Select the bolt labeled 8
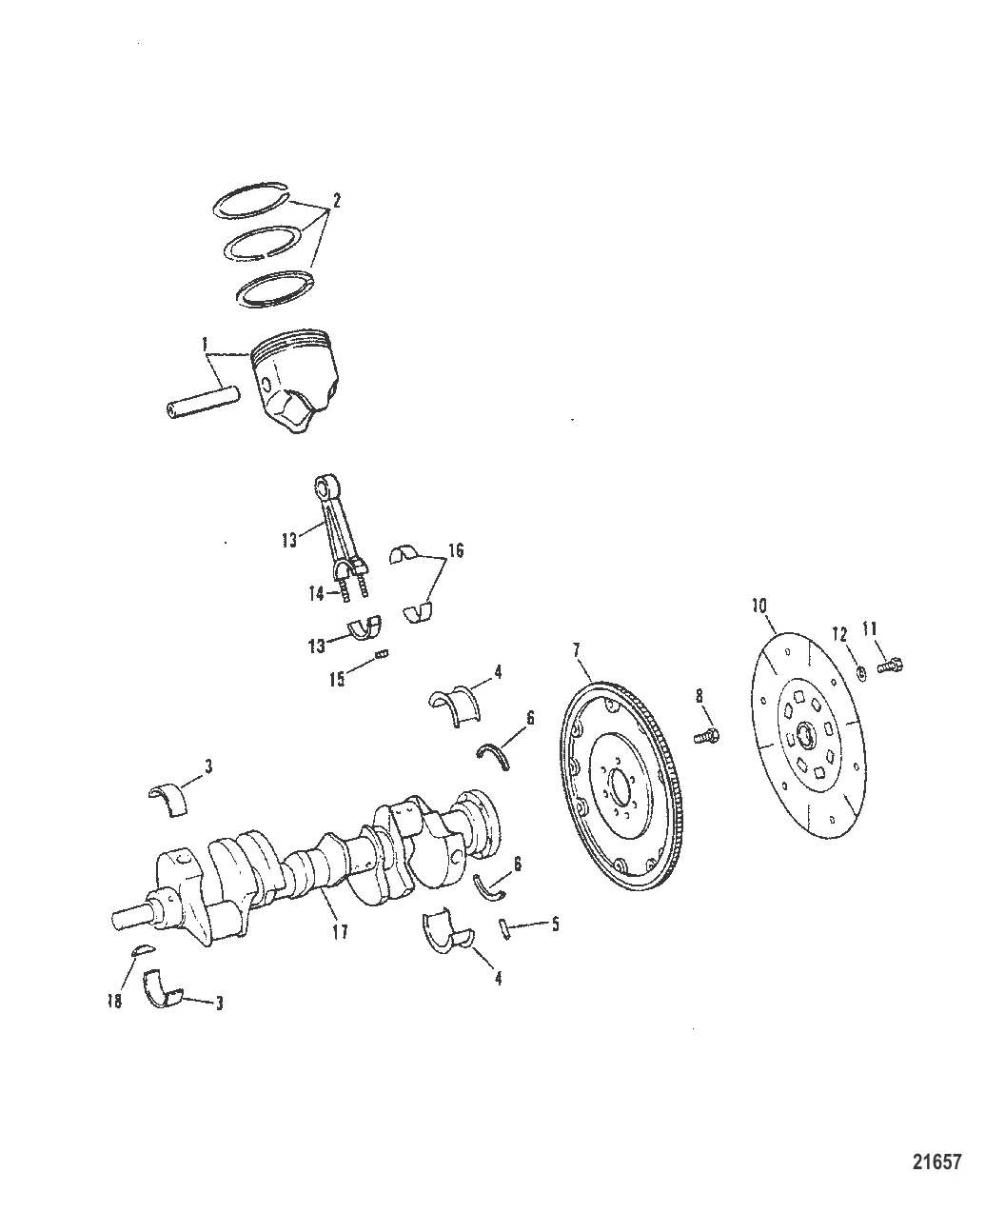(x=709, y=734)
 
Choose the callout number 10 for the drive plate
(x=759, y=605)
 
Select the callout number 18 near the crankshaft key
(x=114, y=1003)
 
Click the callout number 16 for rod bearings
(x=456, y=550)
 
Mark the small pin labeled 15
(x=384, y=653)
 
